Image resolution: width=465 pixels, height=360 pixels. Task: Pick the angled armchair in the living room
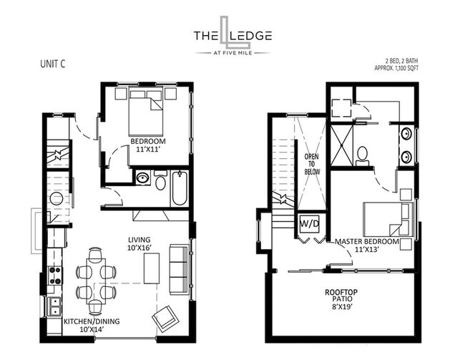[x=167, y=316]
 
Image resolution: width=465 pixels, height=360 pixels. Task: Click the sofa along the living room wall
[x=178, y=263]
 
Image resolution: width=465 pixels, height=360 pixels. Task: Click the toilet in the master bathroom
[x=362, y=154]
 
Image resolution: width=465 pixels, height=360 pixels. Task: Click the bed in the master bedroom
[x=387, y=218]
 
